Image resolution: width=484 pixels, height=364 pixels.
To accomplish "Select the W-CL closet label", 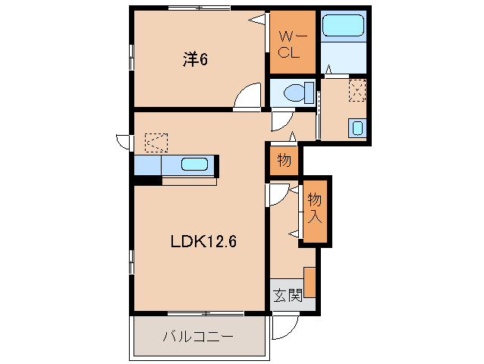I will coord(289,45).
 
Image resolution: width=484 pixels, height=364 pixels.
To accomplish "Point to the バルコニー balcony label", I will coord(197,337).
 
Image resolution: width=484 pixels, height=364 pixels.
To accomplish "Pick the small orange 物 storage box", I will coord(284,161).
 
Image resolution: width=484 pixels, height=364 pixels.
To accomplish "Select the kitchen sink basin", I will coord(195,165).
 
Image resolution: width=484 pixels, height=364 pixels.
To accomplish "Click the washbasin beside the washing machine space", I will coord(357,128).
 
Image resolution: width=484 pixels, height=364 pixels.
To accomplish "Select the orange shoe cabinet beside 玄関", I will coord(310,282).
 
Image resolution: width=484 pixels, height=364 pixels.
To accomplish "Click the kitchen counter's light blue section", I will coord(148,165).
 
